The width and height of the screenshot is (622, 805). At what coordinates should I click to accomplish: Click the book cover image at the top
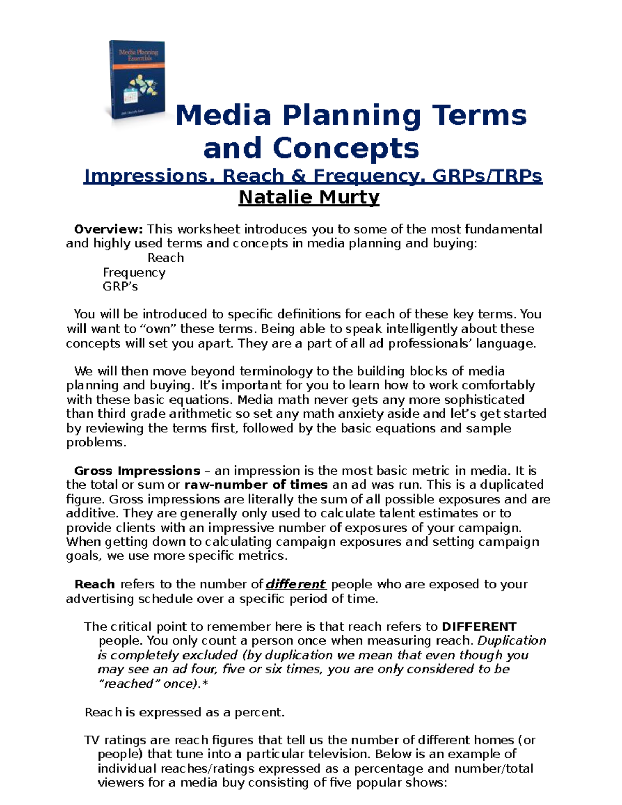point(137,81)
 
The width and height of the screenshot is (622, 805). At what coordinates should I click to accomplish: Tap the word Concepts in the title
point(346,148)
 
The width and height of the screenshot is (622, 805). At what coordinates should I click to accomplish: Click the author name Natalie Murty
point(309,197)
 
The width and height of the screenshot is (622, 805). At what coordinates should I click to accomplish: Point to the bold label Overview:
point(108,229)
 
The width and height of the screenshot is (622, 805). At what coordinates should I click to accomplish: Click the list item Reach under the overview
point(165,258)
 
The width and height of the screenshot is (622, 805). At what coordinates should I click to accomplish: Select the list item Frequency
point(134,272)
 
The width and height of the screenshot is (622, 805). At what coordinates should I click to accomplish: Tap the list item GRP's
point(120,287)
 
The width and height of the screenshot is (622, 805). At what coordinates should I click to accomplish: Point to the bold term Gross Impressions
point(137,471)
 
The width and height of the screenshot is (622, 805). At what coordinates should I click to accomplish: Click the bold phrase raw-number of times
point(256,485)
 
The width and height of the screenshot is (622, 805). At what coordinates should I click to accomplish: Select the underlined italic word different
point(295,584)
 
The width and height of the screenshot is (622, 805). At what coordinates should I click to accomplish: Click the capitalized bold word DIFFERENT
point(479,627)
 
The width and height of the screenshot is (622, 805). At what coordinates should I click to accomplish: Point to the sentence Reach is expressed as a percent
point(185,712)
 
